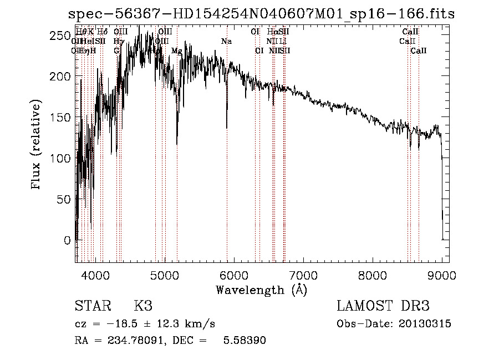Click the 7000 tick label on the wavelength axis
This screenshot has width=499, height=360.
coord(303,275)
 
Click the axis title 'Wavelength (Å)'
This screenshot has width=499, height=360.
coord(261,290)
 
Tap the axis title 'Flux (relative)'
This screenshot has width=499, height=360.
coord(37,145)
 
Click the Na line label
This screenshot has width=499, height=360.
coord(226,42)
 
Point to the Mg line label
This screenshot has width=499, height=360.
coord(176,51)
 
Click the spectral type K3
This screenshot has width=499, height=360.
coord(143,306)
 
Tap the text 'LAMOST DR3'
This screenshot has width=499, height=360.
coord(383,306)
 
